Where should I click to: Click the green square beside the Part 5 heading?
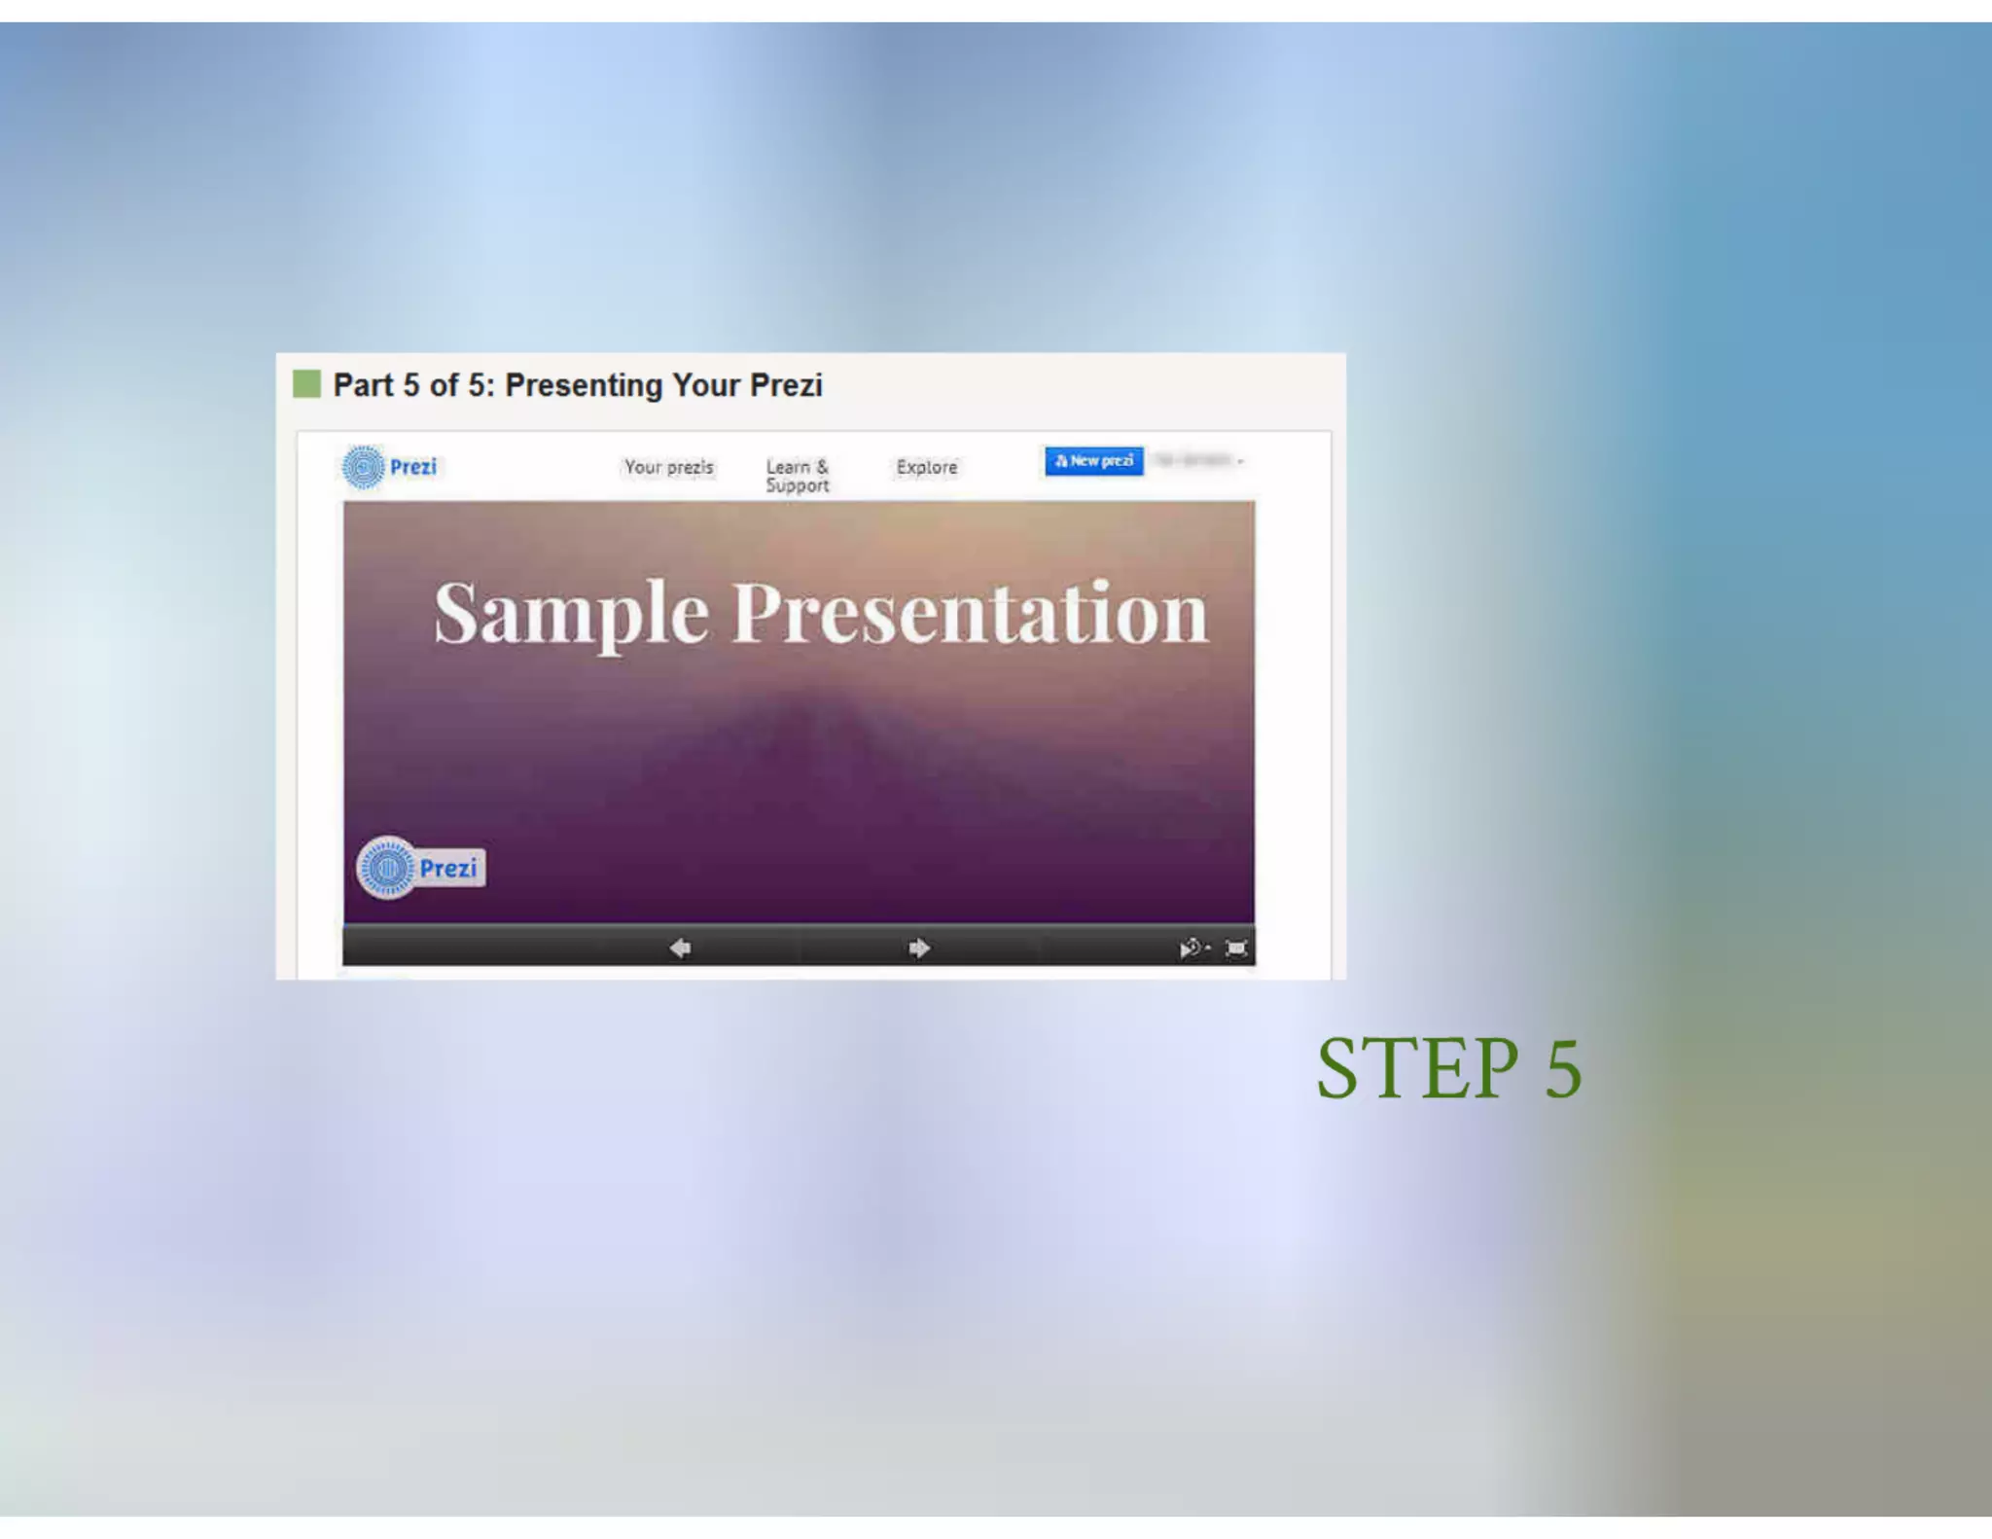point(306,384)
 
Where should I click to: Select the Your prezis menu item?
point(668,467)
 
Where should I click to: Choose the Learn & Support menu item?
point(797,476)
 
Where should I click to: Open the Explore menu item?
point(926,467)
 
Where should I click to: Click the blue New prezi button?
point(1093,461)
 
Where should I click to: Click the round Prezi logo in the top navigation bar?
point(364,467)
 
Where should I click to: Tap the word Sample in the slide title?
point(571,614)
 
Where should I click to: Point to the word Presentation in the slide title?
point(970,614)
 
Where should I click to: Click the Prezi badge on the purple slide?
point(420,867)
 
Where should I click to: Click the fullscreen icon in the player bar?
point(1235,948)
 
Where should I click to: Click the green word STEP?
point(1416,1069)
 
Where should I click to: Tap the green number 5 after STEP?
point(1563,1069)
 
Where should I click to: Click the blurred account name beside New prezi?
point(1197,460)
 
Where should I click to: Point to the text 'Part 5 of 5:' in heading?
point(414,385)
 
